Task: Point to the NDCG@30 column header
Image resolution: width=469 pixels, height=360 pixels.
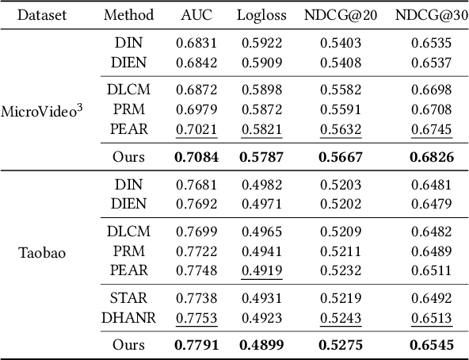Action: [x=432, y=15]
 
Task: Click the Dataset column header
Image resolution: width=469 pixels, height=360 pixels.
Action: [x=41, y=15]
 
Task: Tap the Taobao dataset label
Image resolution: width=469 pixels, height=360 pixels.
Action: [x=42, y=255]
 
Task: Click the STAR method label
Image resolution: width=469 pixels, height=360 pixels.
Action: [x=128, y=298]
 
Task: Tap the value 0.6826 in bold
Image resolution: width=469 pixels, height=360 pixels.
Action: [x=432, y=157]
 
